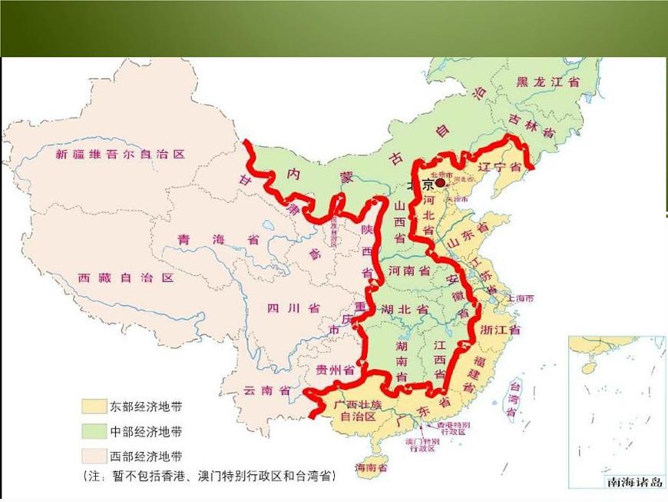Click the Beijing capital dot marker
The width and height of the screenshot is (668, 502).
(x=440, y=183)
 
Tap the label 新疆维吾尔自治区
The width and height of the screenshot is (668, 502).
(x=121, y=155)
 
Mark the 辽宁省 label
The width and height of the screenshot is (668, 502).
(x=500, y=167)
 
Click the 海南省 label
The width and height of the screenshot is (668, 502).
(x=371, y=467)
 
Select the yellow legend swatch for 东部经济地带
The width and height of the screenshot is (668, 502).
(x=95, y=406)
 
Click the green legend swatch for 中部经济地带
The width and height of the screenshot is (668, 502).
(x=95, y=431)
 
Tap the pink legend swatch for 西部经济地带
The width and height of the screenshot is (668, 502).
(x=95, y=455)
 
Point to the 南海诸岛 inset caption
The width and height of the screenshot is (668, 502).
(x=635, y=483)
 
